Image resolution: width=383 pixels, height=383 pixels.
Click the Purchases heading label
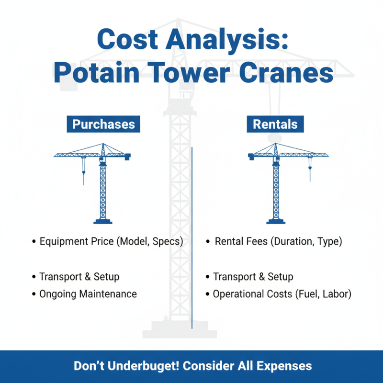click(103, 124)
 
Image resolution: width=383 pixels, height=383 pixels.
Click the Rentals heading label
click(275, 124)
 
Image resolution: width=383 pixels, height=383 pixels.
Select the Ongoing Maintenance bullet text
click(88, 293)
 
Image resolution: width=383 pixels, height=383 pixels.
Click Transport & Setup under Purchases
click(79, 277)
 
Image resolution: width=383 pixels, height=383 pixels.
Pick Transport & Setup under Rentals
click(253, 277)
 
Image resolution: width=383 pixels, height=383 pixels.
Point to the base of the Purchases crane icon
click(103, 221)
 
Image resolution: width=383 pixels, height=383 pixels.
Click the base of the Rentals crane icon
click(276, 221)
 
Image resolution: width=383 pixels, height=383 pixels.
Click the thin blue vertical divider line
click(191, 239)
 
